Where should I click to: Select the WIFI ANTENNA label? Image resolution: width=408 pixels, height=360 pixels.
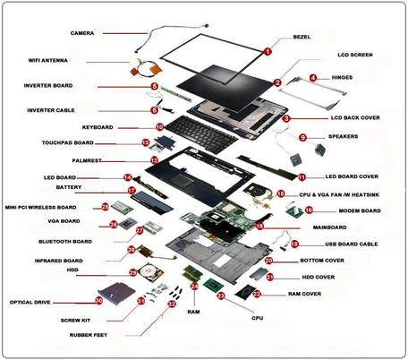[x=50, y=61]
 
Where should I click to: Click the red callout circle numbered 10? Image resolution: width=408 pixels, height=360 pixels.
[x=159, y=127]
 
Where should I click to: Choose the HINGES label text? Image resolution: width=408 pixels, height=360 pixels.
[x=342, y=78]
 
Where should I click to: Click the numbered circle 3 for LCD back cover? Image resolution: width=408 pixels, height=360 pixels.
[x=286, y=117]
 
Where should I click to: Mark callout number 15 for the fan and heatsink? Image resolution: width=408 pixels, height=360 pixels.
[x=281, y=193]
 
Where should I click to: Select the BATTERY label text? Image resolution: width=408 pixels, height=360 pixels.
[x=69, y=188]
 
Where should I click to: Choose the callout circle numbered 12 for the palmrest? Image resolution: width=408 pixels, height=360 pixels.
[x=154, y=160]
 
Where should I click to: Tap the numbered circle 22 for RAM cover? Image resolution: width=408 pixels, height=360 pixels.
[x=257, y=294]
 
